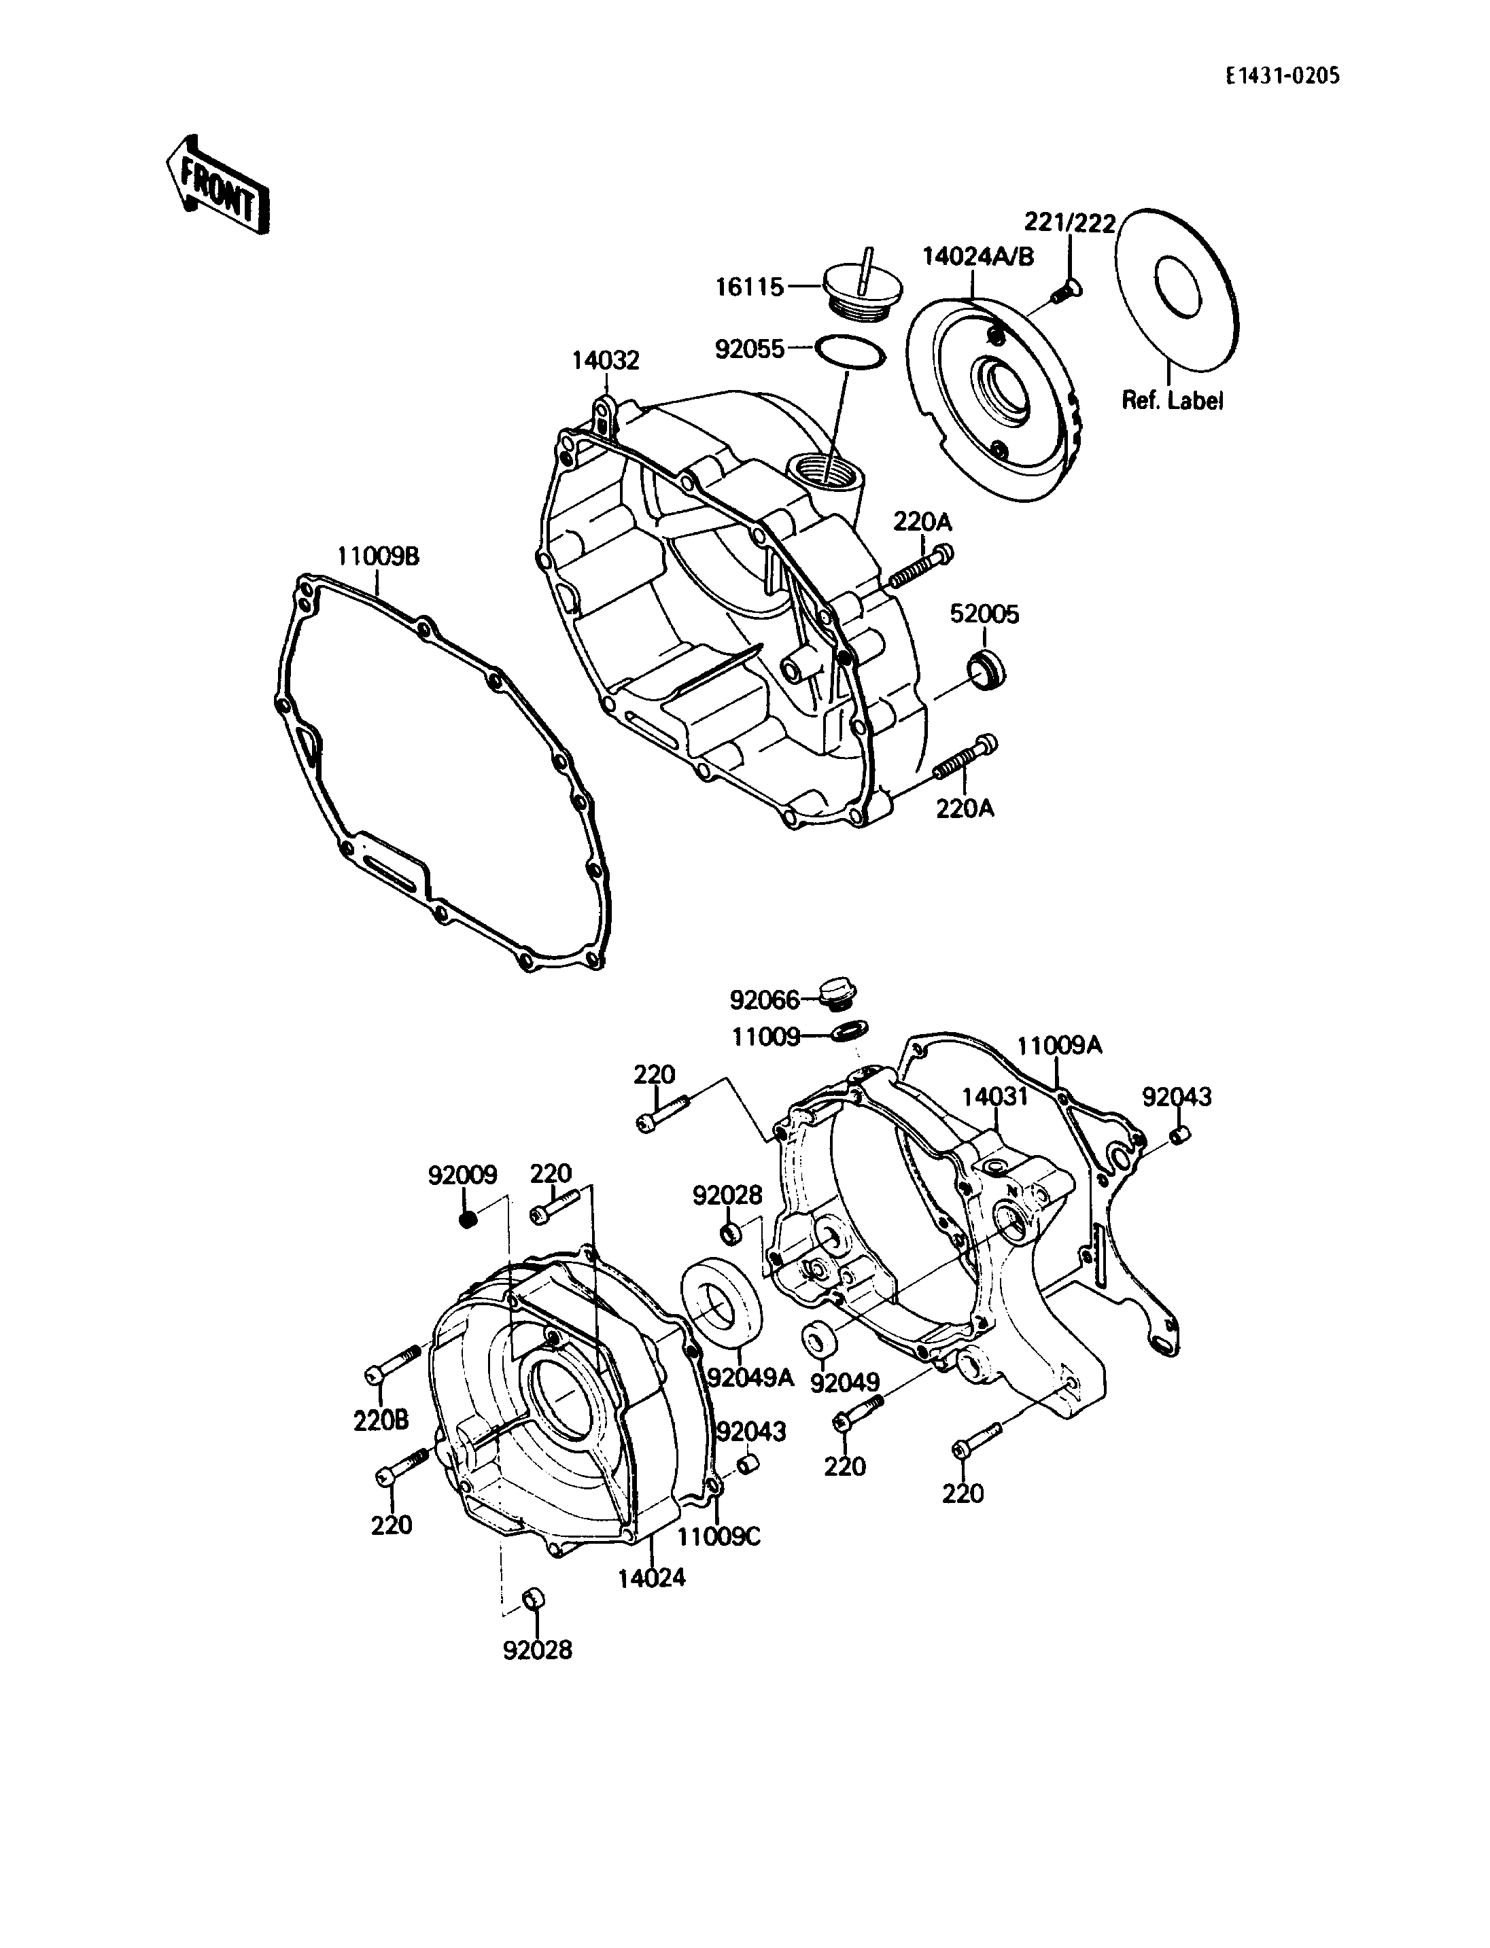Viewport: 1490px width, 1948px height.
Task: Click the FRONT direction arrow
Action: [x=218, y=185]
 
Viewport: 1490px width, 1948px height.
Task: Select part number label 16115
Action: [x=750, y=287]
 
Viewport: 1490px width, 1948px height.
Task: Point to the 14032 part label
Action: [x=605, y=361]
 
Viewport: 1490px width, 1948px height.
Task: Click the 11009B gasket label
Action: [x=378, y=557]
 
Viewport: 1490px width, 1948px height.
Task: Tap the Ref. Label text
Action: [x=1173, y=401]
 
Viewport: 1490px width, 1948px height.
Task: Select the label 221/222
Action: [x=1071, y=223]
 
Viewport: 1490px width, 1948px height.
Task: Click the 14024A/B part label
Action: [x=978, y=256]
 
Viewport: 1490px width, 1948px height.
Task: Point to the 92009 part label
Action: [x=462, y=1175]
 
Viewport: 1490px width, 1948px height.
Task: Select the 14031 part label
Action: [x=995, y=1097]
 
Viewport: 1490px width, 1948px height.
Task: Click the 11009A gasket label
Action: [x=1059, y=1046]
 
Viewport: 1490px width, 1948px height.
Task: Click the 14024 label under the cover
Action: [x=652, y=1578]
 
